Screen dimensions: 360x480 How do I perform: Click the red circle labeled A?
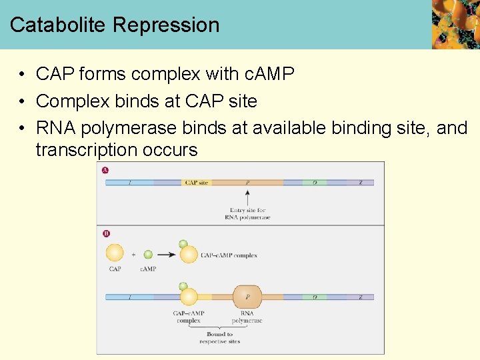tap(105, 170)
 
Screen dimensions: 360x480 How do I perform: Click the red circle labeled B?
tap(105, 233)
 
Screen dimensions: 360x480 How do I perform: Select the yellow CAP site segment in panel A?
tap(196, 182)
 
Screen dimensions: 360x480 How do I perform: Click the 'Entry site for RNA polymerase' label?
tap(249, 214)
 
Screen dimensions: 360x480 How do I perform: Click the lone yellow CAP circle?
tap(115, 253)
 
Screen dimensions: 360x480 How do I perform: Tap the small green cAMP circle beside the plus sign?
tap(148, 254)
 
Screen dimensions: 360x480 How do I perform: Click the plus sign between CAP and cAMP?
tap(133, 254)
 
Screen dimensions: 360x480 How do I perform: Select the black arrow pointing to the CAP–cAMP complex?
tap(165, 254)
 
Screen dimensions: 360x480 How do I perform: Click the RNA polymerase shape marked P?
tap(247, 297)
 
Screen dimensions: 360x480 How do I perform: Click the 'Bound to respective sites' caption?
tap(219, 338)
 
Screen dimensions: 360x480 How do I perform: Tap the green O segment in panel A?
tap(314, 182)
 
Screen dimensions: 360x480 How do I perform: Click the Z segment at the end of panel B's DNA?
tap(361, 297)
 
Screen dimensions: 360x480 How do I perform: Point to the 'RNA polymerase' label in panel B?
tap(247, 317)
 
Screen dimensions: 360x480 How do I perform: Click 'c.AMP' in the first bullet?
tap(266, 73)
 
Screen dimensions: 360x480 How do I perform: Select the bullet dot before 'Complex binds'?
tap(22, 101)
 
